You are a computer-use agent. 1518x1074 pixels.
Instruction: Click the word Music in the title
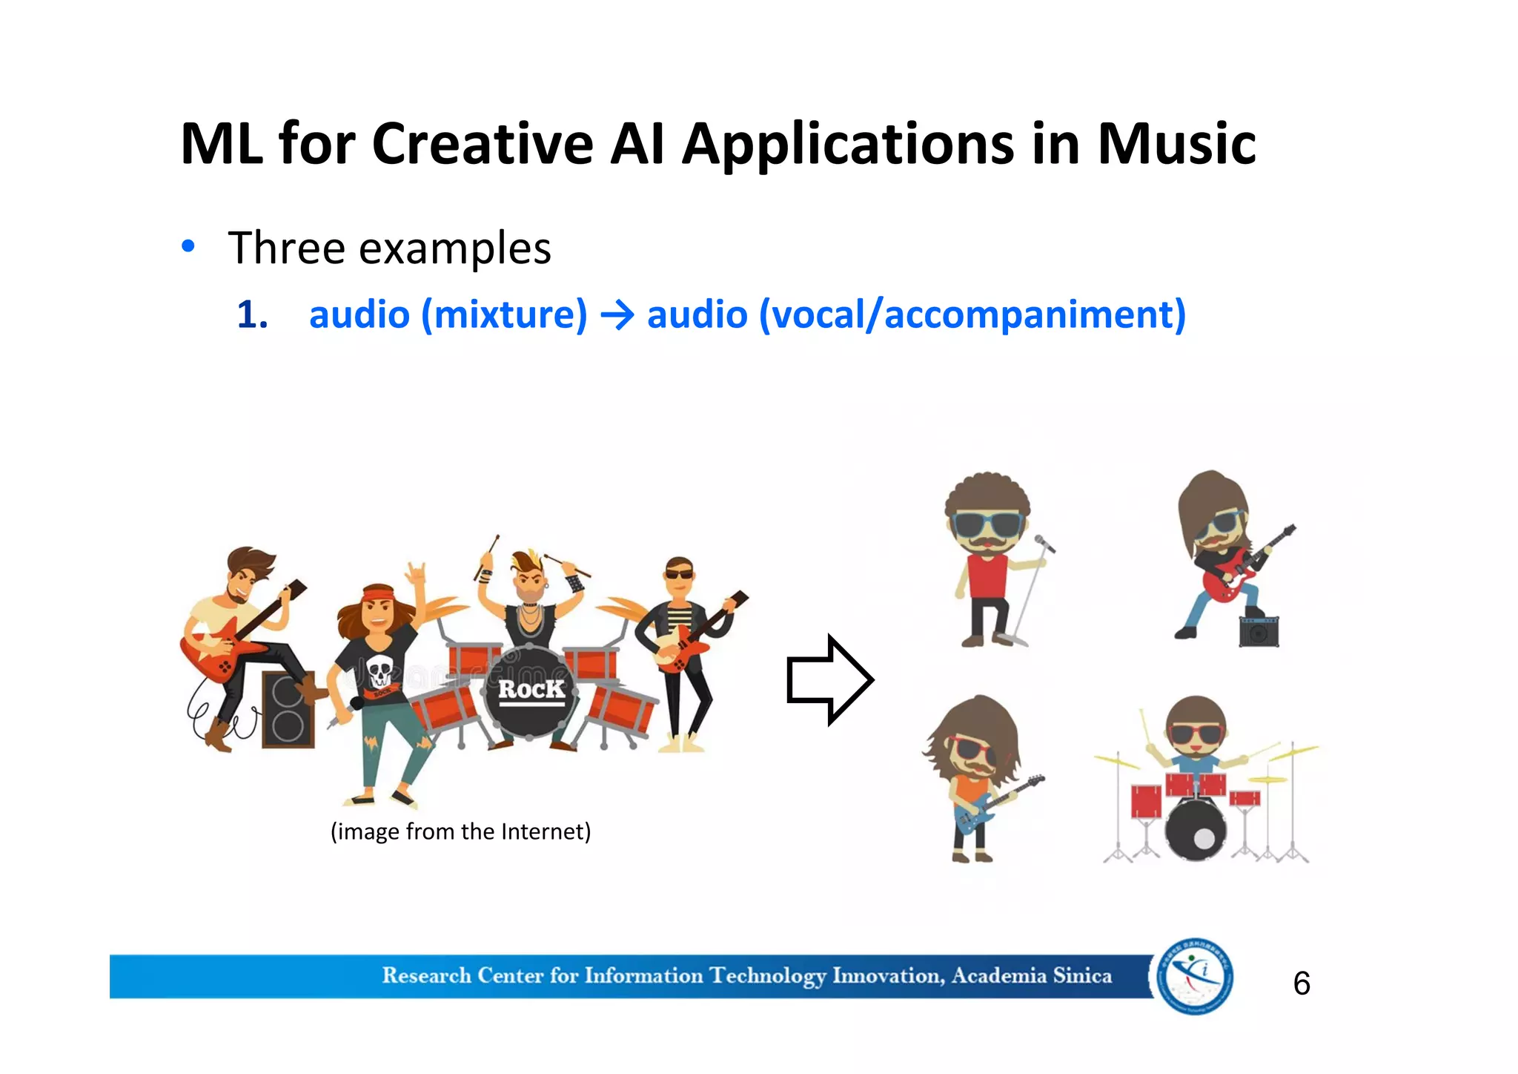tap(1176, 143)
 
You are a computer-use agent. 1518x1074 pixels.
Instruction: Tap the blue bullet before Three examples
tap(189, 246)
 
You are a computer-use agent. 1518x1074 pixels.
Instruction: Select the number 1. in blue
tap(252, 314)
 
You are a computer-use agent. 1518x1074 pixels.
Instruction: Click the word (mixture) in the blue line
tap(504, 314)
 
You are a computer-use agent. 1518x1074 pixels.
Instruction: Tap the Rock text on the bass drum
tap(531, 690)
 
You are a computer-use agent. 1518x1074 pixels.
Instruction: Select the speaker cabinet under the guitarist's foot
tap(288, 710)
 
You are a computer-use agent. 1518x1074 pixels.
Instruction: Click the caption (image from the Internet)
tap(460, 831)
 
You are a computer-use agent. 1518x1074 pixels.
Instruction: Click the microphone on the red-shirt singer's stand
tap(1044, 544)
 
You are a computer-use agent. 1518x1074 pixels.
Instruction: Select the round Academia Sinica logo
tap(1195, 976)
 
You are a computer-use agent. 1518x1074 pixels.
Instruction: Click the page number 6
tap(1302, 984)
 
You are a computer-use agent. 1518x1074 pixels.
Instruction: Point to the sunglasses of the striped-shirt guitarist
tap(678, 573)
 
